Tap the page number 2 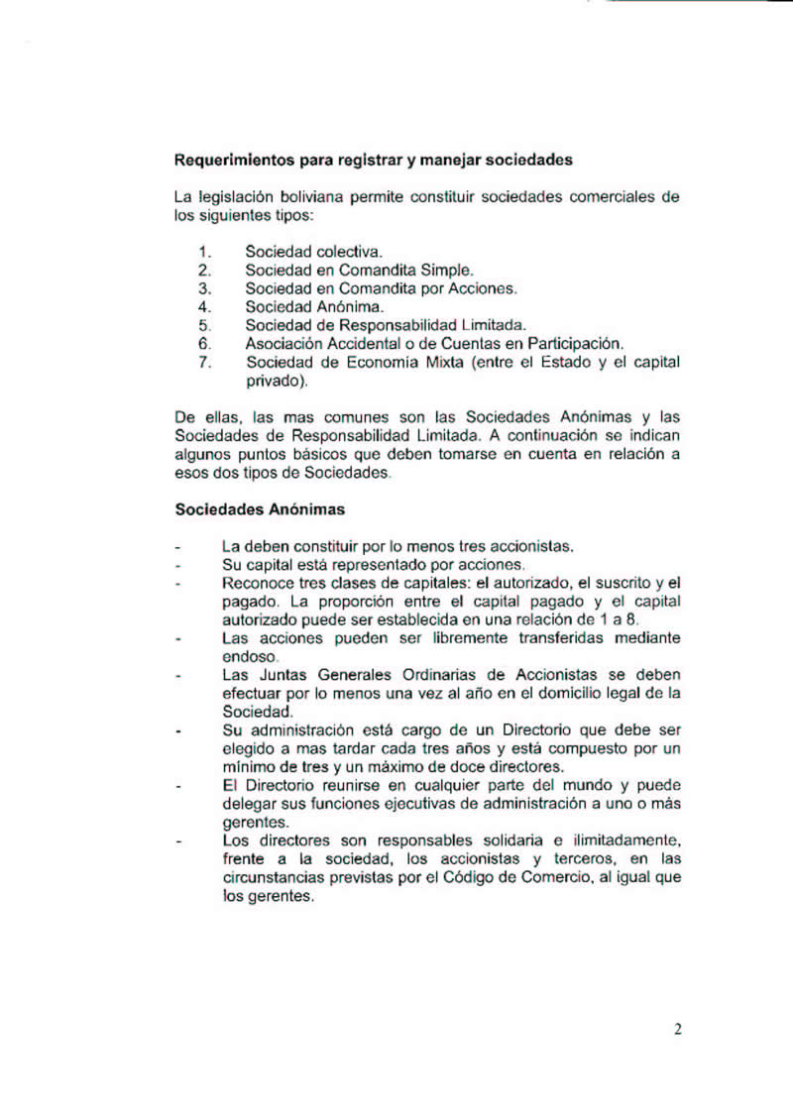677,1029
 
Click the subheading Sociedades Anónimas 260,510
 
